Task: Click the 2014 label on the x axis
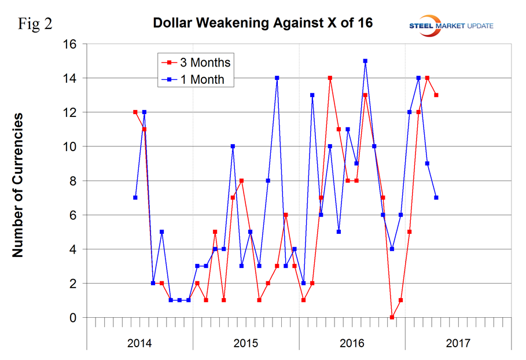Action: point(139,343)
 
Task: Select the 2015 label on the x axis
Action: point(245,343)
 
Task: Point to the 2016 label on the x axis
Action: point(352,343)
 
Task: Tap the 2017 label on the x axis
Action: point(458,343)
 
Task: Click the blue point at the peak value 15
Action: point(365,61)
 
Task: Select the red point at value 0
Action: point(392,317)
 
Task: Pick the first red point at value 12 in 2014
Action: point(135,112)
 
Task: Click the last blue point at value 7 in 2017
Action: point(436,197)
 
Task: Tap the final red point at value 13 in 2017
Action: point(436,95)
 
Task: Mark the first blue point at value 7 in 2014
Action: point(135,197)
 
